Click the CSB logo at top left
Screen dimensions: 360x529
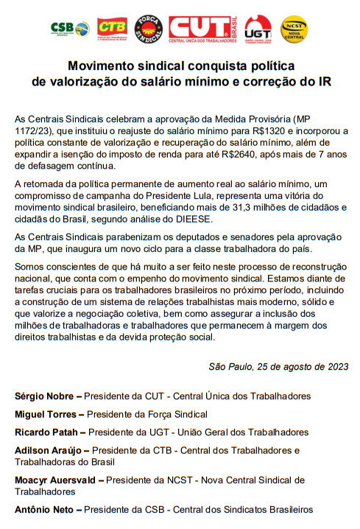coord(70,28)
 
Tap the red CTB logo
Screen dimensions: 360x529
coord(112,28)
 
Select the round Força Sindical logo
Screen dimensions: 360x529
coord(149,28)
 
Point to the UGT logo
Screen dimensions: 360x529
coord(258,29)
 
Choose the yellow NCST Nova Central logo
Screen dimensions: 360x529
coord(294,29)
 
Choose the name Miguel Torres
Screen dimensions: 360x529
coord(45,414)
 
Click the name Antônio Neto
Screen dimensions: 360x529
coord(45,509)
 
